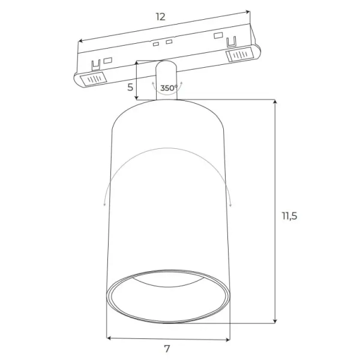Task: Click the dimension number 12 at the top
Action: [x=160, y=16]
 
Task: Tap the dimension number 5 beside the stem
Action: [x=130, y=86]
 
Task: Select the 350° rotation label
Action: [x=169, y=88]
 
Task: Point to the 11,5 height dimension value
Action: [x=289, y=216]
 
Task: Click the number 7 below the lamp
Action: [x=167, y=349]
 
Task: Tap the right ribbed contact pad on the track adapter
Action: [x=240, y=55]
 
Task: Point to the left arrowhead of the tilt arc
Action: [x=105, y=203]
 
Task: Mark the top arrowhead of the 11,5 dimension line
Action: [x=275, y=103]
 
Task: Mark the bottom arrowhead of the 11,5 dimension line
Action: [x=275, y=321]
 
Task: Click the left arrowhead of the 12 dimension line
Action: [x=80, y=41]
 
